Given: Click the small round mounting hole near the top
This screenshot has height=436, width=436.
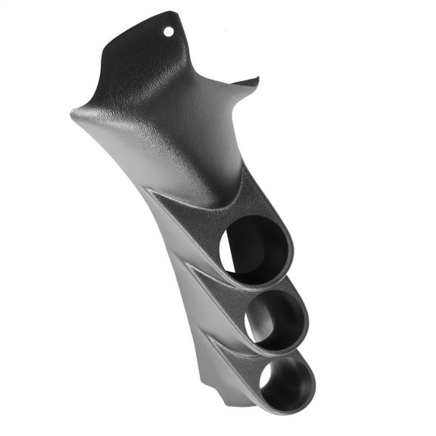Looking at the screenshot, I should click(169, 32).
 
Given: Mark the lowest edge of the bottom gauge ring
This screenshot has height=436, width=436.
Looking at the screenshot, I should click(291, 413).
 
